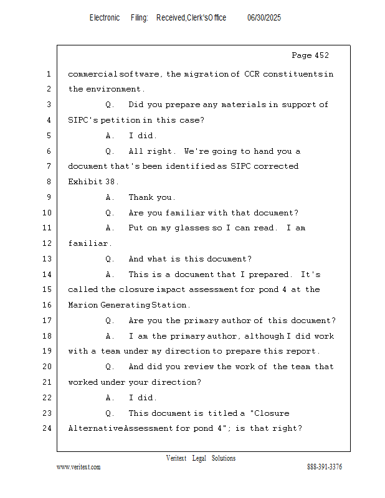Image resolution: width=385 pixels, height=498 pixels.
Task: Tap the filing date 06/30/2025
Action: click(x=264, y=18)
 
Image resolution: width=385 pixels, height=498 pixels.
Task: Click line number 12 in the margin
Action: click(x=48, y=243)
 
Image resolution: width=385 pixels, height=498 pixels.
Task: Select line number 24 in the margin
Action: click(x=48, y=428)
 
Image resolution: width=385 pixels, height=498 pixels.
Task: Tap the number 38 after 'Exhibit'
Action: click(x=110, y=182)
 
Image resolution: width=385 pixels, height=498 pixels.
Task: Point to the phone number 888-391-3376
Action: click(x=325, y=467)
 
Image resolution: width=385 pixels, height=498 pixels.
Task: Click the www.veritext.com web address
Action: click(x=78, y=467)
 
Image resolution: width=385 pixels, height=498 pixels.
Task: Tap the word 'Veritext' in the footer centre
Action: click(x=176, y=458)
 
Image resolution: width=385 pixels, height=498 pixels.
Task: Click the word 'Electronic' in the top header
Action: click(x=105, y=18)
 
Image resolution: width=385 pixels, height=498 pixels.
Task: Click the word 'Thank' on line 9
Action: click(x=141, y=197)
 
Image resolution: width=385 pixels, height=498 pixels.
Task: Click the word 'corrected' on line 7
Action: click(x=277, y=166)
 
